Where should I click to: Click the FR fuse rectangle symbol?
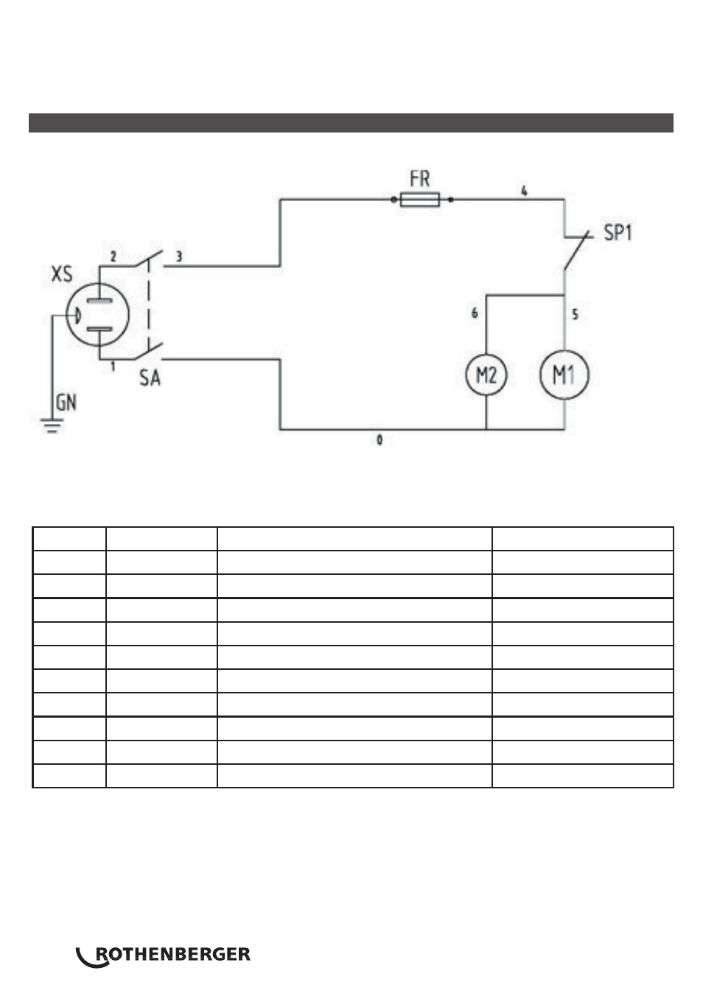coord(419,199)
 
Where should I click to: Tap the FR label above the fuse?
coord(419,179)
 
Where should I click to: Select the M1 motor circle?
coord(564,375)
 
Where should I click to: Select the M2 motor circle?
coord(486,375)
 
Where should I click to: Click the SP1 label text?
coord(618,233)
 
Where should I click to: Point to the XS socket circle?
coord(97,314)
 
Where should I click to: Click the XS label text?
coord(62,274)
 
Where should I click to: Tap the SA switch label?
coord(150,378)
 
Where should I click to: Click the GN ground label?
coord(66,403)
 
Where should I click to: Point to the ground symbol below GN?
coord(52,425)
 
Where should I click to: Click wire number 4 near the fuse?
coord(524,191)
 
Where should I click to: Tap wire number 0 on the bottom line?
coord(380,439)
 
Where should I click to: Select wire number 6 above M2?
coord(475,313)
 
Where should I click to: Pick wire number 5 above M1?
coord(576,314)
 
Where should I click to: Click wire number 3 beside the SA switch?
coord(179,256)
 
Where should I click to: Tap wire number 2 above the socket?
coord(113,256)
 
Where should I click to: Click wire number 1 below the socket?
coord(113,366)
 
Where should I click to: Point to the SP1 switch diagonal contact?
coord(576,250)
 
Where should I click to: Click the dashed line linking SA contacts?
coord(149,306)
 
